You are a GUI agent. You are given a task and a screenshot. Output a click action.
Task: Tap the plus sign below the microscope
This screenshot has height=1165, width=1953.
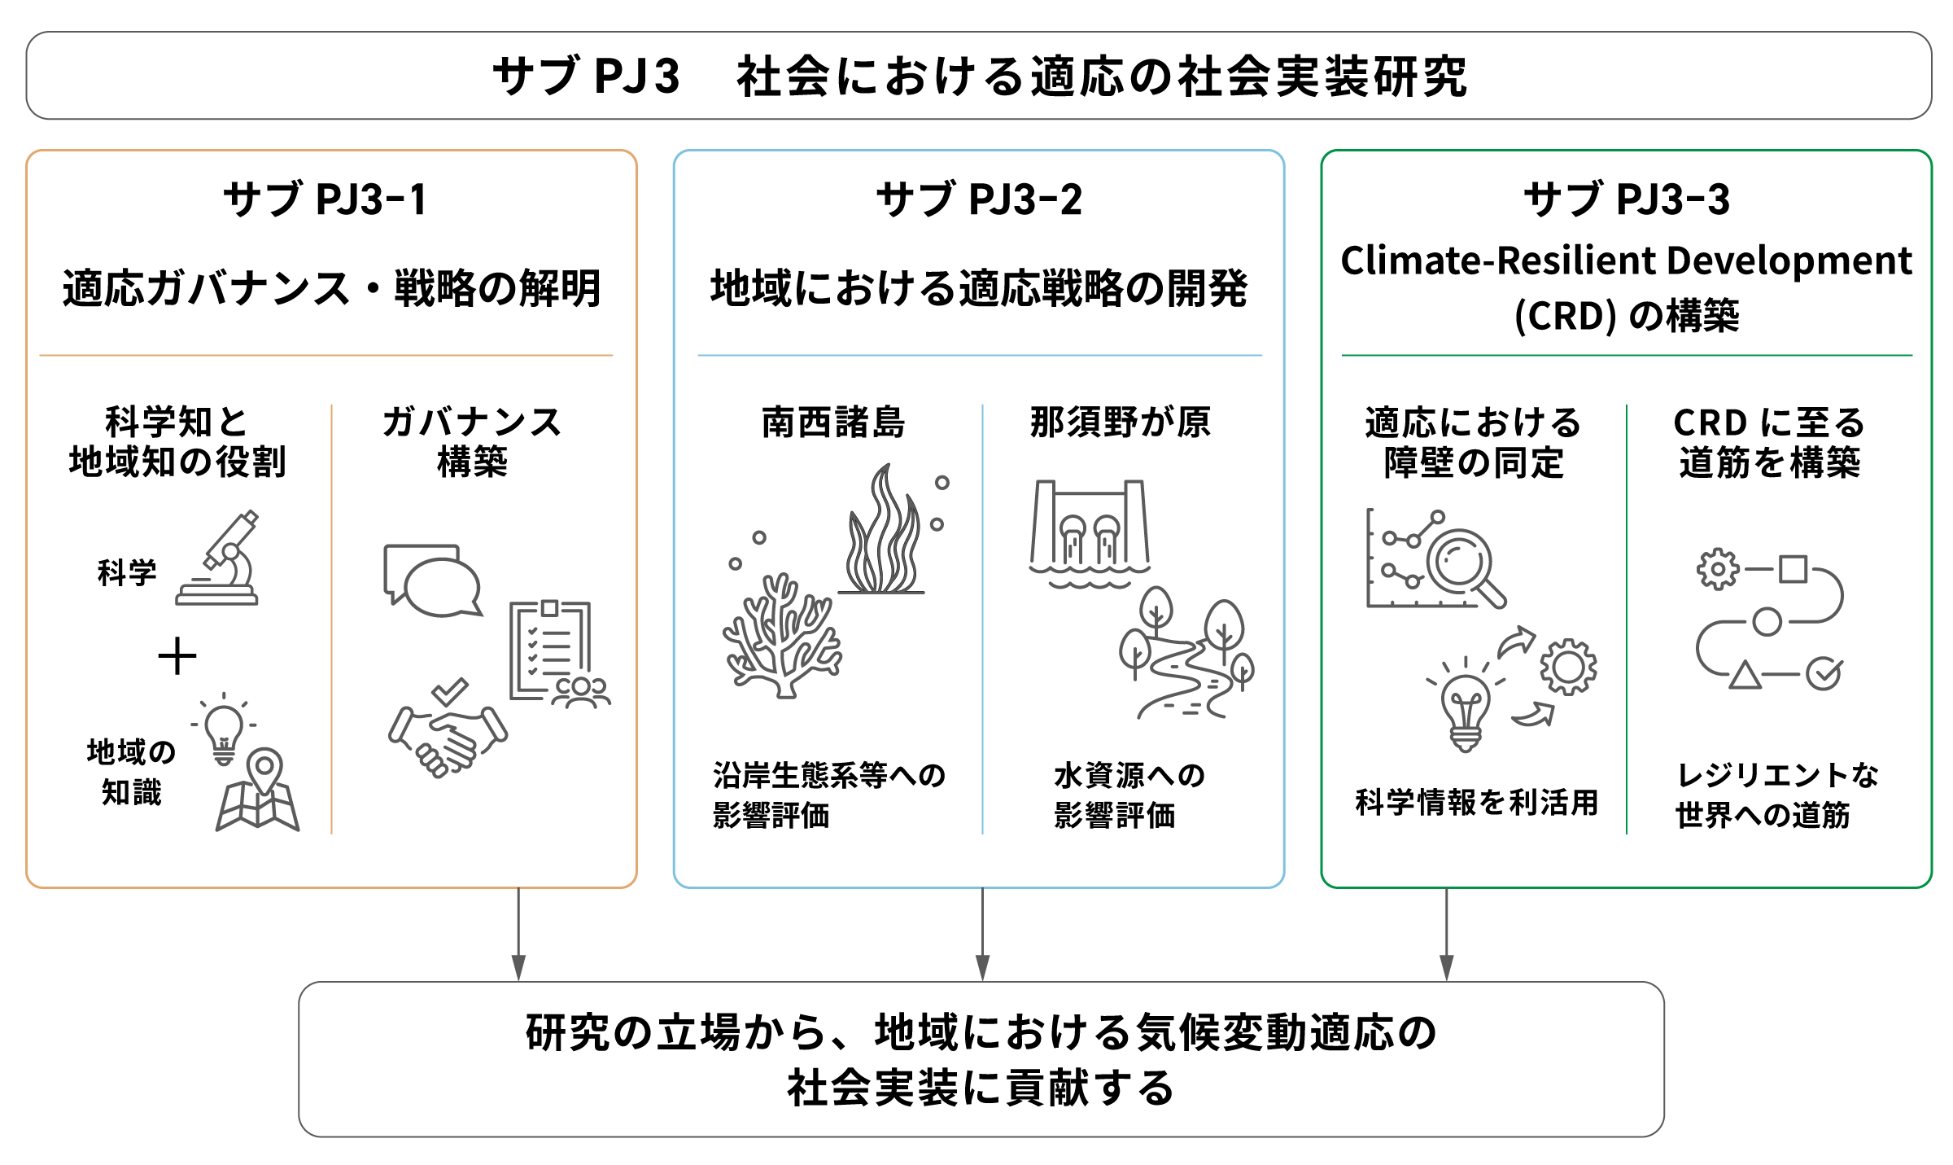pyautogui.click(x=177, y=656)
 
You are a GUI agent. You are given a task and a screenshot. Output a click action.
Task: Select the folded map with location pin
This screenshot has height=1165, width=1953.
pyautogui.click(x=258, y=790)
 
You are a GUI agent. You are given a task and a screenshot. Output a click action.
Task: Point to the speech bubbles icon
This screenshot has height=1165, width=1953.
pyautogui.click(x=432, y=580)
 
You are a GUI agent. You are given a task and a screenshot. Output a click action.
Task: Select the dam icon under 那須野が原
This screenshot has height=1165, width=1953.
pyautogui.click(x=1090, y=533)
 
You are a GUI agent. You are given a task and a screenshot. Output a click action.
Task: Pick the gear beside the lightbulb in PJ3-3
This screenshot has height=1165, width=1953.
pyautogui.click(x=1568, y=667)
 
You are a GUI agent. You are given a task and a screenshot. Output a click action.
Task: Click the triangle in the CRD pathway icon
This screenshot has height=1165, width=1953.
pyautogui.click(x=1745, y=676)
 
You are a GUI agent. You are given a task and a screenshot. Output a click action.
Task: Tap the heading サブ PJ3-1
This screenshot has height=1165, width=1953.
pyautogui.click(x=325, y=199)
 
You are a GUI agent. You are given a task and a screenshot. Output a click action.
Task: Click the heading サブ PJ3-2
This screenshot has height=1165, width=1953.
pyautogui.click(x=979, y=199)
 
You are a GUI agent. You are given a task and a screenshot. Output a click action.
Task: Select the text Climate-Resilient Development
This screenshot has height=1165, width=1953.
pyautogui.click(x=1626, y=261)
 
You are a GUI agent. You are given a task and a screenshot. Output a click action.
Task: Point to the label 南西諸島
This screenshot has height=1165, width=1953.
pyautogui.click(x=833, y=423)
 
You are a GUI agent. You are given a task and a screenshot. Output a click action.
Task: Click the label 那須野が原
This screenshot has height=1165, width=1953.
pyautogui.click(x=1121, y=423)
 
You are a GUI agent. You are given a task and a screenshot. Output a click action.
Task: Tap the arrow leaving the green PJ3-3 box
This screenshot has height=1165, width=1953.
pyautogui.click(x=1446, y=934)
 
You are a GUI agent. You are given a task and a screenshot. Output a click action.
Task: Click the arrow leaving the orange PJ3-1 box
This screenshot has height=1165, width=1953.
pyautogui.click(x=518, y=934)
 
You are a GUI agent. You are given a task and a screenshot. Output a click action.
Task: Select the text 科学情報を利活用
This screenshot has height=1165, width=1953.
pyautogui.click(x=1476, y=802)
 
